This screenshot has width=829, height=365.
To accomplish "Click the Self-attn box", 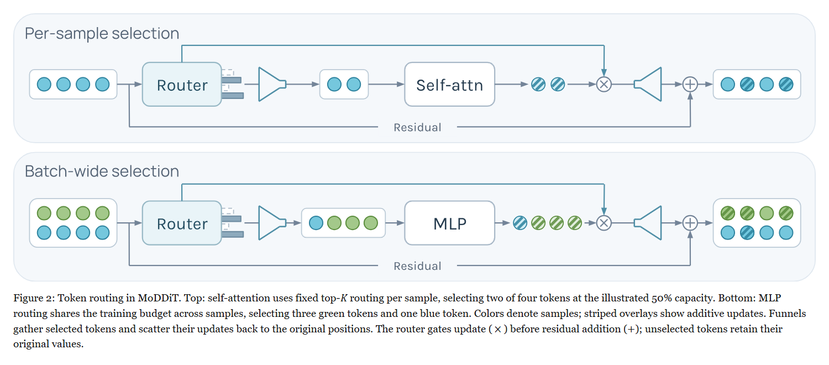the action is [x=450, y=85].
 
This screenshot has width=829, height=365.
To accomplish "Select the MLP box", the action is [x=450, y=223].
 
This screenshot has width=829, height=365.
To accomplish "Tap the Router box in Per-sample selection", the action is [x=182, y=85].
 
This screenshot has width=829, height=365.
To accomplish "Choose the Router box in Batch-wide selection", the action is [x=182, y=223].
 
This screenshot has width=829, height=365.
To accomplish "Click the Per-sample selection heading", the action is [x=102, y=33].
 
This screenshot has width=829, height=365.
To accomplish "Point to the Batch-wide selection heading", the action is [x=102, y=171].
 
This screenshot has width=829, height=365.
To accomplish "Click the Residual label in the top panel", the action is [x=417, y=127].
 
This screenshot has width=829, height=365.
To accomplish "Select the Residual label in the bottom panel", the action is [x=417, y=266].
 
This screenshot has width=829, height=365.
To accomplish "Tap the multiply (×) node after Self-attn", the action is [x=604, y=85].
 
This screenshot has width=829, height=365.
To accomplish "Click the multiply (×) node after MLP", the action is [x=604, y=223].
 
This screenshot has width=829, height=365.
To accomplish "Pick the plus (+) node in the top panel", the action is [x=690, y=85].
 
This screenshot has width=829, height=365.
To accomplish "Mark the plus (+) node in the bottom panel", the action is [x=690, y=223].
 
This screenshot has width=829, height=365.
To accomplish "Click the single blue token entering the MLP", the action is [x=316, y=223].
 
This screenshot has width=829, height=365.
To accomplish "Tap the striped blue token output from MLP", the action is [x=520, y=223].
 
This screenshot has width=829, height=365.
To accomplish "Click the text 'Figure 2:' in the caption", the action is [x=34, y=298].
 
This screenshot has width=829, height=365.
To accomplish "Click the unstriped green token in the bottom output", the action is [x=767, y=213].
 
